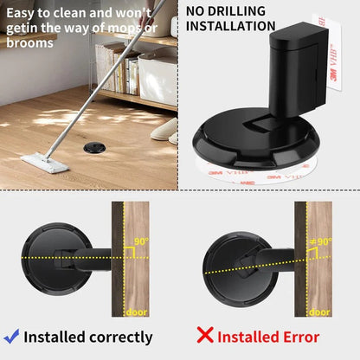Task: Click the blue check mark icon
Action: click(x=11, y=336)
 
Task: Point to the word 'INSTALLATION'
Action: click(x=231, y=26)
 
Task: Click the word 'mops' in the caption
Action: click(x=125, y=27)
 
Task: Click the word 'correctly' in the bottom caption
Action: click(x=115, y=337)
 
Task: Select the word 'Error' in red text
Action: click(x=297, y=337)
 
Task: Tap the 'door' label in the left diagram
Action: click(x=138, y=312)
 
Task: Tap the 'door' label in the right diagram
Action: click(x=318, y=312)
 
